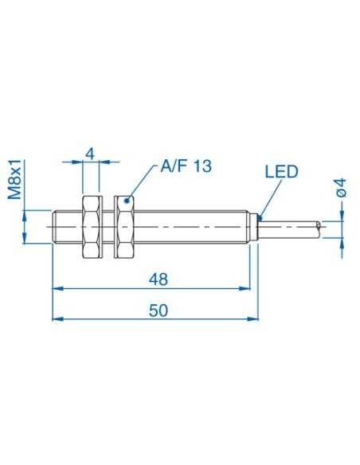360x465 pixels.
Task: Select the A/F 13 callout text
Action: tap(186, 166)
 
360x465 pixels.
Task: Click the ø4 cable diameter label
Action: tap(340, 188)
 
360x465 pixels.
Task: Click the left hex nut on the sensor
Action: tap(90, 226)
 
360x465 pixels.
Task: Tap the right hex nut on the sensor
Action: tap(124, 226)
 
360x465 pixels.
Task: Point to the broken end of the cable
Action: tap(321, 226)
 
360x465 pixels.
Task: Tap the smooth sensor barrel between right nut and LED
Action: tap(191, 226)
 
